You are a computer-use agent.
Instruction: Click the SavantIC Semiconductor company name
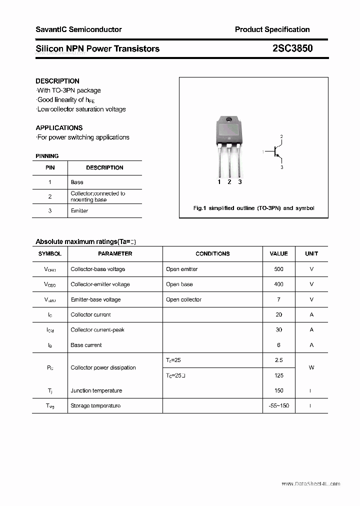click(78, 29)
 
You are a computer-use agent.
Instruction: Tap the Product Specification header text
click(272, 29)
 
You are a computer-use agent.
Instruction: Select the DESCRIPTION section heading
click(57, 81)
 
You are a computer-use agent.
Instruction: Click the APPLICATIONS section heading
click(59, 127)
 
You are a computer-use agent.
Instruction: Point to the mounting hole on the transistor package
click(229, 120)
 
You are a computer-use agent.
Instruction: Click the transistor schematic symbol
click(275, 152)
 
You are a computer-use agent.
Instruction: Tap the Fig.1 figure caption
click(253, 208)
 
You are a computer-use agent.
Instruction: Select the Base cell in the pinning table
click(77, 182)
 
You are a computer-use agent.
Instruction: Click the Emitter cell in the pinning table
click(79, 211)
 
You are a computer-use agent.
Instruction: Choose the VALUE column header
click(278, 254)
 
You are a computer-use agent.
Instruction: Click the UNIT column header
click(311, 254)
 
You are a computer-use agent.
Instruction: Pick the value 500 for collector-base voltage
click(278, 269)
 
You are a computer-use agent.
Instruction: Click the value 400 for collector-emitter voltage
click(278, 284)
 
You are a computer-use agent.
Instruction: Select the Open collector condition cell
click(183, 299)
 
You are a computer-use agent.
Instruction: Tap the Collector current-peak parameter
click(97, 330)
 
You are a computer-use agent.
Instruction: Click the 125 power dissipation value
click(278, 375)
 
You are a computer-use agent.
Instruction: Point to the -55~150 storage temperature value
click(278, 405)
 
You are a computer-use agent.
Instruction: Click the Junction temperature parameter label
click(96, 390)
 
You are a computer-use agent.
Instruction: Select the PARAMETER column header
click(115, 254)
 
